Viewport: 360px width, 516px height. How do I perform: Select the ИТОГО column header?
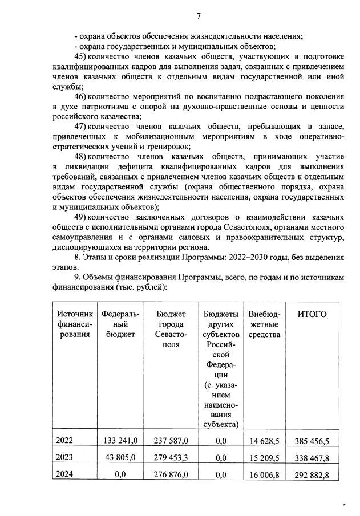tap(312, 315)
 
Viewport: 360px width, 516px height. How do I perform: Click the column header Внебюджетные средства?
tap(264, 324)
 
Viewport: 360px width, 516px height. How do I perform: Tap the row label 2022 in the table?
tap(64, 441)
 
